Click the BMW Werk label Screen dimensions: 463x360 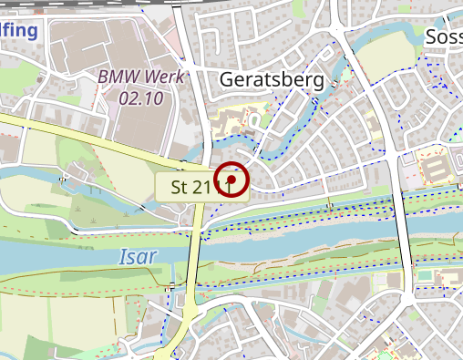pos(141,77)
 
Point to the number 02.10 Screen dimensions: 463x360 pos(141,98)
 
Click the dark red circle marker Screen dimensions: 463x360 pos(233,180)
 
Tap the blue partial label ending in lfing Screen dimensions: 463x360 pos(18,32)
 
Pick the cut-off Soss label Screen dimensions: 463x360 pos(443,37)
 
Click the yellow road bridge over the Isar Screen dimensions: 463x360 pos(194,255)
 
